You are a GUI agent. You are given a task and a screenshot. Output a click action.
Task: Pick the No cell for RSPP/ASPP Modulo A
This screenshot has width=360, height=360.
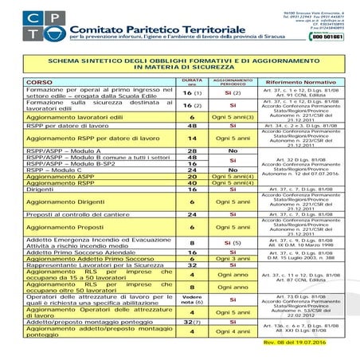coord(233,150)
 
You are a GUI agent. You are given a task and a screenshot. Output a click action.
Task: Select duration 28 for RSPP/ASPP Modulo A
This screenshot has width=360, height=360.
coord(191,150)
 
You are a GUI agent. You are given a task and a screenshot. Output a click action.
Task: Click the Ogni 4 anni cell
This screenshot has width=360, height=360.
coord(233,331)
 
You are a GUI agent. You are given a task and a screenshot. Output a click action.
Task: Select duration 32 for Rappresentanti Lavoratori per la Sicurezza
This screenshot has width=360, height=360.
coord(191,265)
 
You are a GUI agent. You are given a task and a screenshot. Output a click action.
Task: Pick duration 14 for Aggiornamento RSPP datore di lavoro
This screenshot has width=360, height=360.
coord(191,137)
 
